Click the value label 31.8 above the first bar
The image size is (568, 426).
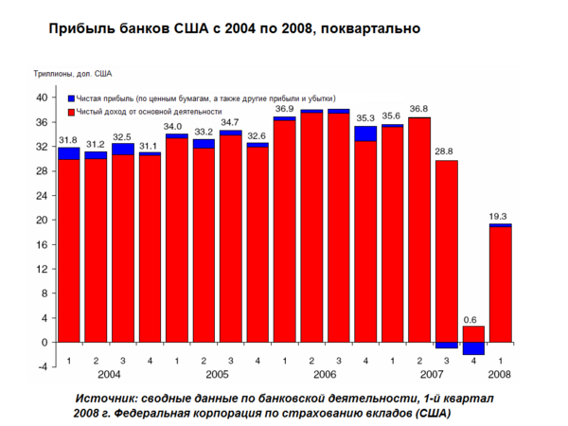point(68,140)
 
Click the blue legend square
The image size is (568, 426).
point(72,98)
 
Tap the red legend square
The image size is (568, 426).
point(72,112)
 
